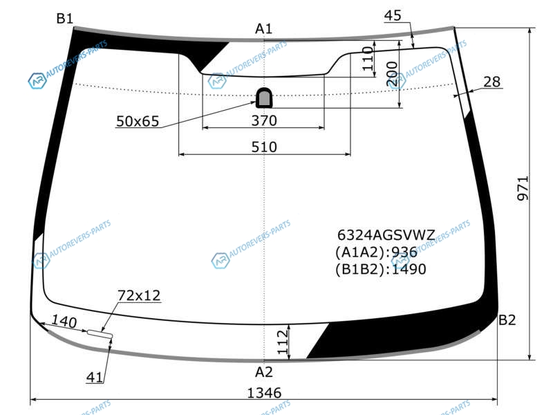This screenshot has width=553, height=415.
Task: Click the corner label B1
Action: point(64,19)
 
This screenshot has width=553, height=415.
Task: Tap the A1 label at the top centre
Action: point(264,28)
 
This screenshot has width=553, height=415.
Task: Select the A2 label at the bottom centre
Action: point(264,372)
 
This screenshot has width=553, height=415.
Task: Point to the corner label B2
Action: point(507,320)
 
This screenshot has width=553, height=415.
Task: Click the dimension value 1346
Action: point(264,393)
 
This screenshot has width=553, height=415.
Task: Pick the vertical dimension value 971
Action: point(523,188)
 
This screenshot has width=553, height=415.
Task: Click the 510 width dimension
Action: point(264,147)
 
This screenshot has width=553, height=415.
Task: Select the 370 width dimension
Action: point(264,120)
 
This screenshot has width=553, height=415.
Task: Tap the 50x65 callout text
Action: point(138,121)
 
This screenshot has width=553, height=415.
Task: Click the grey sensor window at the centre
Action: point(264,98)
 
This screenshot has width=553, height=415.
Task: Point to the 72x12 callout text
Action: point(139,295)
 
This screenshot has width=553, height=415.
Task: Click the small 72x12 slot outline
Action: point(100,334)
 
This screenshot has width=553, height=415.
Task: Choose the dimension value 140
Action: point(64,321)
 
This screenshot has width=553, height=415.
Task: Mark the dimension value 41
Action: point(95,377)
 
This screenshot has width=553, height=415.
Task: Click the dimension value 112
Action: point(283,342)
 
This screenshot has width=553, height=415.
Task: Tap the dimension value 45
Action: point(393,15)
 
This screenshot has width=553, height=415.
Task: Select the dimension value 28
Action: point(492,82)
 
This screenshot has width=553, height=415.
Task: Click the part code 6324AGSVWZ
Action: point(386,234)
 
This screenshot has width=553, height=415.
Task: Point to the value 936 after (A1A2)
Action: point(404,252)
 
